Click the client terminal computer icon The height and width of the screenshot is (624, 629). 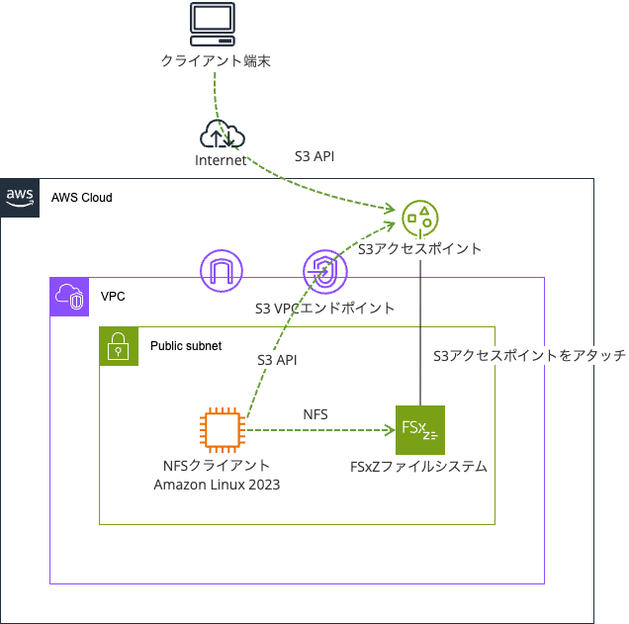click(213, 26)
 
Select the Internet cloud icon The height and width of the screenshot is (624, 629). click(222, 134)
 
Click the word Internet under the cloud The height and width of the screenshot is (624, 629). click(220, 160)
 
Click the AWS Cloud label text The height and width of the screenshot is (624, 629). click(82, 198)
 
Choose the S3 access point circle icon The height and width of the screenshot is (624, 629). click(420, 217)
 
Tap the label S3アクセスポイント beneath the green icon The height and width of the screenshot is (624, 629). click(419, 249)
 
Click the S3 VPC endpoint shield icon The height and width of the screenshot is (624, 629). click(323, 270)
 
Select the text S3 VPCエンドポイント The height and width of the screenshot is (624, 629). click(324, 309)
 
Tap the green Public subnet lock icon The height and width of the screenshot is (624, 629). click(119, 346)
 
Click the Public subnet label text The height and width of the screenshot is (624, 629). click(186, 346)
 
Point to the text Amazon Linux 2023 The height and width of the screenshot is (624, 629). click(217, 485)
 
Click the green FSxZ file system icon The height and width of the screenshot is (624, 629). click(420, 430)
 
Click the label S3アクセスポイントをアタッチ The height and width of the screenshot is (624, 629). click(530, 356)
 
